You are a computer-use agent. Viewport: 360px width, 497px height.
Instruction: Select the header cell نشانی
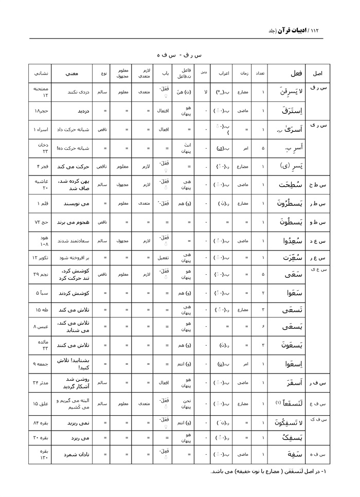pyautogui.click(x=40, y=73)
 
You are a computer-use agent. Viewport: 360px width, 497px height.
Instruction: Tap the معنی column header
pyautogui.click(x=71, y=73)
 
